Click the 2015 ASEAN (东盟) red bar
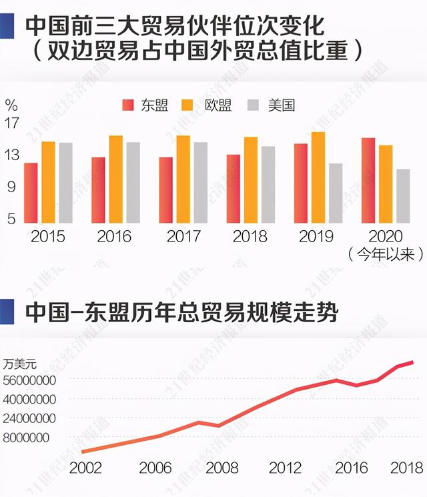click(x=31, y=193)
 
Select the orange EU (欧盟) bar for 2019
click(x=318, y=177)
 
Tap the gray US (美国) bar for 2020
click(x=403, y=196)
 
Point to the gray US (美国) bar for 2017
click(x=200, y=183)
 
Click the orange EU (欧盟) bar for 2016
click(x=116, y=179)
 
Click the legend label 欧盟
click(x=218, y=105)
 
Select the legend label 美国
click(x=282, y=105)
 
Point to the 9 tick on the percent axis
click(x=12, y=187)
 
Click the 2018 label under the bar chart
click(x=250, y=236)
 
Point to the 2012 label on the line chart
click(x=285, y=467)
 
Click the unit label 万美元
click(x=20, y=364)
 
